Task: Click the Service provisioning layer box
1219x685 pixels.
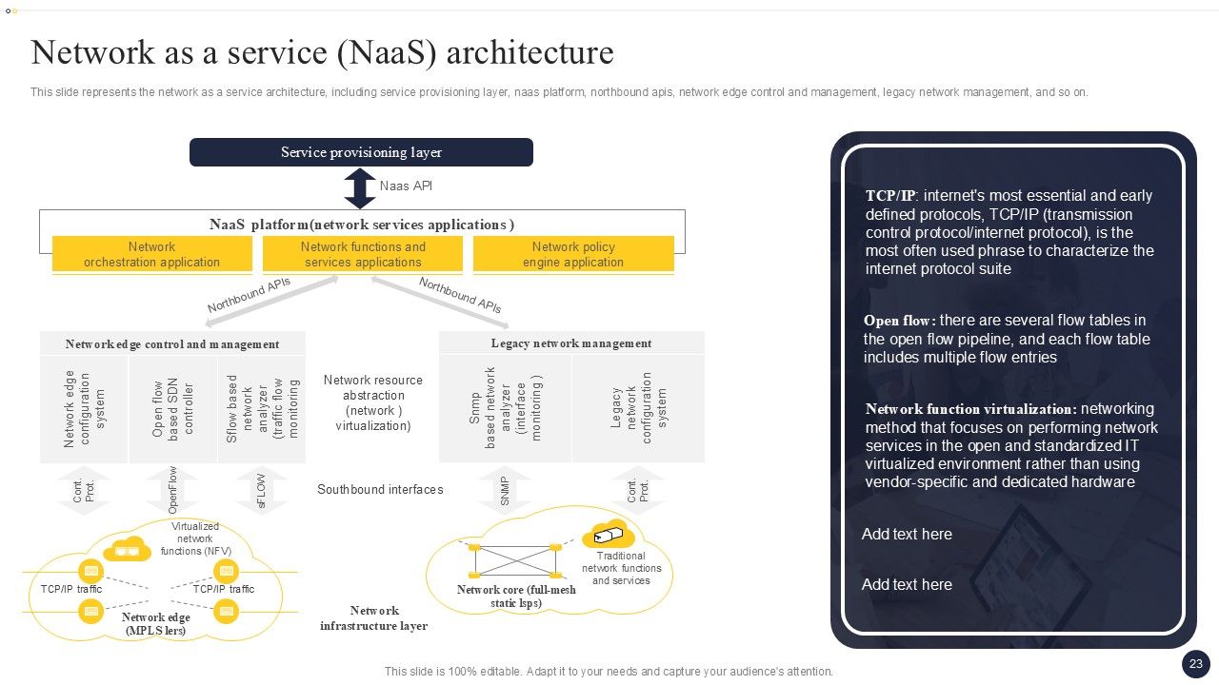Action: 361,152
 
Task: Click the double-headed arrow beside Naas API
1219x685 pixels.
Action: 360,188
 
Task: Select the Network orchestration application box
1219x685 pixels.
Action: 152,255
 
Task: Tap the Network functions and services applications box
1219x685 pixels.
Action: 363,255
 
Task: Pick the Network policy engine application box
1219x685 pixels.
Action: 573,255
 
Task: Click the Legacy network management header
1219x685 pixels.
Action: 571,343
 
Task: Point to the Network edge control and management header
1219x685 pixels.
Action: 172,344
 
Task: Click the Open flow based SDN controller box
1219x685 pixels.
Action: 172,409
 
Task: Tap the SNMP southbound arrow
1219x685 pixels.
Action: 505,491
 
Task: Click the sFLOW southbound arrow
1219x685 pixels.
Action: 261,491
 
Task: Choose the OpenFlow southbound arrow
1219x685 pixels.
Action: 172,491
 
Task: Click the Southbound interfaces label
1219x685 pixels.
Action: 380,490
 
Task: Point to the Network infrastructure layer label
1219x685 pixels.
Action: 374,618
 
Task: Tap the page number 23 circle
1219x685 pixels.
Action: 1196,664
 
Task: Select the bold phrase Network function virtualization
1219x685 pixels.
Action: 970,409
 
